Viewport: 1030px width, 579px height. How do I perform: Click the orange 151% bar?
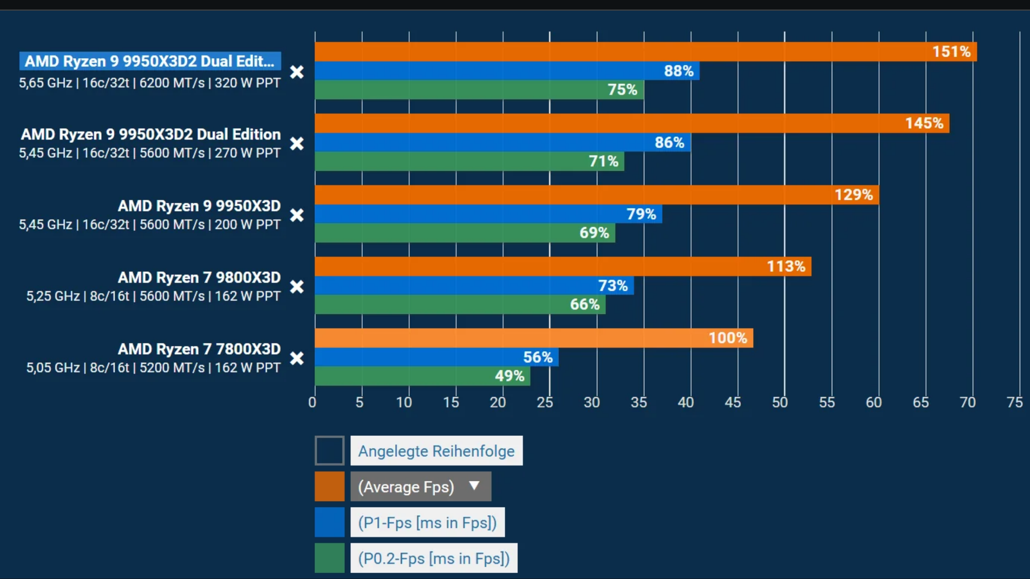click(646, 51)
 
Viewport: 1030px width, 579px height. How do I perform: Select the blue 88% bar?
click(507, 71)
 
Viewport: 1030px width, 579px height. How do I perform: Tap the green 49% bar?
click(422, 376)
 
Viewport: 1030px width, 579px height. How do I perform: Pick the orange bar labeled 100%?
click(534, 338)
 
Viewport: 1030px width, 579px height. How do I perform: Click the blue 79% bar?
click(488, 214)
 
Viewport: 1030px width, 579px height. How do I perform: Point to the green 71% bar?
click(470, 161)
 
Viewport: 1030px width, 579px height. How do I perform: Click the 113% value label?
click(786, 266)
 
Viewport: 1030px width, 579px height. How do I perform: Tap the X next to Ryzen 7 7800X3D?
click(297, 358)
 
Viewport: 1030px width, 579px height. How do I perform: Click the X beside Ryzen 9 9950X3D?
click(297, 215)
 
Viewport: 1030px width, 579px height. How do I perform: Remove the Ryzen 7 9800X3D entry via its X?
click(297, 287)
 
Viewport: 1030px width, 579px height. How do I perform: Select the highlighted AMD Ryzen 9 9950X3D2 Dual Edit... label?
click(150, 61)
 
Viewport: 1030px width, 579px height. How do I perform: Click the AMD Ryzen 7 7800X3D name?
click(199, 349)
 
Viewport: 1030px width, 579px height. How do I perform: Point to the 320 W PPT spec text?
click(248, 83)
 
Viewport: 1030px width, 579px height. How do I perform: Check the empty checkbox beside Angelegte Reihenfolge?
click(329, 450)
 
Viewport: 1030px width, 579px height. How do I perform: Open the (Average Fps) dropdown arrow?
click(474, 486)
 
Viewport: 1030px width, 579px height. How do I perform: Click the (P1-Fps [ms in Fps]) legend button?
click(428, 522)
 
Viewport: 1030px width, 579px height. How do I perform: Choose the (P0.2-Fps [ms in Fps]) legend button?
click(434, 558)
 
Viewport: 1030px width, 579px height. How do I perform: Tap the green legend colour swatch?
click(329, 558)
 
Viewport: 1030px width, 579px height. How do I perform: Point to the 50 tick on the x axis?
click(780, 402)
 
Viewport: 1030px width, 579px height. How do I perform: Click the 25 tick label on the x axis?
click(545, 402)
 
